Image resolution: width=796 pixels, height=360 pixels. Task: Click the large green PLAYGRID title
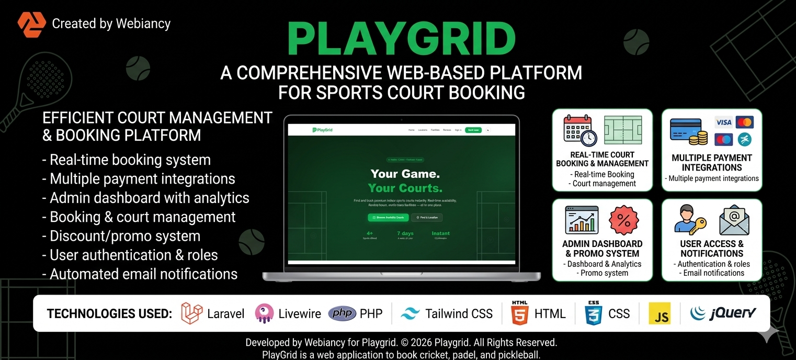(401, 39)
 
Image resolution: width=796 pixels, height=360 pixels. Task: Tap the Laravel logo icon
(191, 313)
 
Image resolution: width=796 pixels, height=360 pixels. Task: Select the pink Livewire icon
(264, 313)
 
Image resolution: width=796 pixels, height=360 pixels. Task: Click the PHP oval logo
(342, 313)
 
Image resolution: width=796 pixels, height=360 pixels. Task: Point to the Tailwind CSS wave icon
(410, 313)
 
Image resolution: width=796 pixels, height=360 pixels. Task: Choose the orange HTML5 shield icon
(519, 313)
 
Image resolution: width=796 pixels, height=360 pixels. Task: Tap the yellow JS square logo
(659, 313)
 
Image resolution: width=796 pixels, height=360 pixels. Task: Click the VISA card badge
(724, 122)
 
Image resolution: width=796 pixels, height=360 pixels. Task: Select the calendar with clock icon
(579, 130)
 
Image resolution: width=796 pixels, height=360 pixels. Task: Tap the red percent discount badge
(624, 220)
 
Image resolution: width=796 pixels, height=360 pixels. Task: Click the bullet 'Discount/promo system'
(121, 236)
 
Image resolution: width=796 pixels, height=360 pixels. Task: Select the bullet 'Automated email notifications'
(140, 274)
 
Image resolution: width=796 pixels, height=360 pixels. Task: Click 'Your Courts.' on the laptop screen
(405, 188)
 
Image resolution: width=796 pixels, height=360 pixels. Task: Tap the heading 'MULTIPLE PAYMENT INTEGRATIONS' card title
(712, 163)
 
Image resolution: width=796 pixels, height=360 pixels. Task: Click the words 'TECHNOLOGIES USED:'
(109, 314)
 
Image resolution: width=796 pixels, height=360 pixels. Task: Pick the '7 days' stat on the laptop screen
(405, 233)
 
